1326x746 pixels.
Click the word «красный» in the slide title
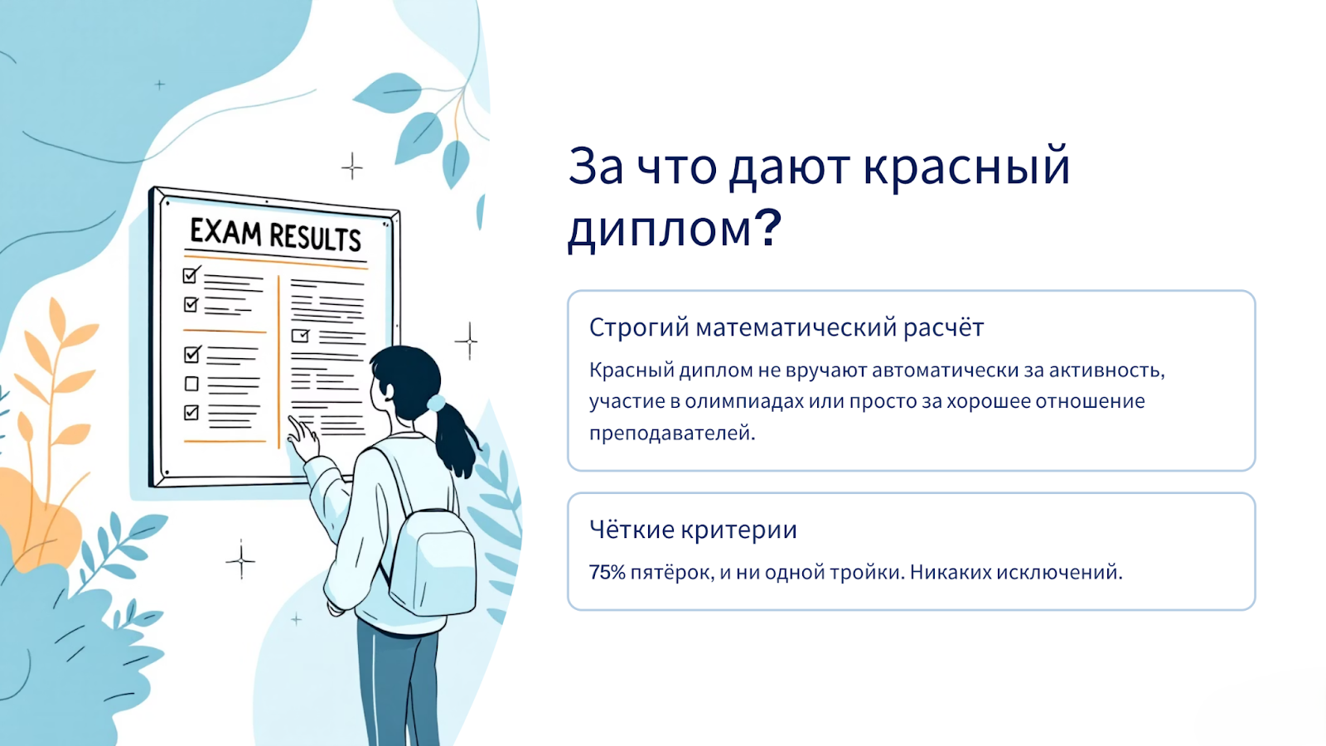click(966, 167)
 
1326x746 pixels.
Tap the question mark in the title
click(768, 227)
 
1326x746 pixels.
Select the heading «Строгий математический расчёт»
click(786, 327)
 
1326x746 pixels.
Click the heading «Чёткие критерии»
click(693, 530)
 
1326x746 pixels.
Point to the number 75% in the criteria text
click(607, 573)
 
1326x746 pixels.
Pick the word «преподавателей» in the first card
click(672, 434)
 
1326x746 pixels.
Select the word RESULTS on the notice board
click(315, 237)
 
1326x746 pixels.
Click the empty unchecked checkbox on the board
click(191, 384)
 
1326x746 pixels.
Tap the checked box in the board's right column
click(300, 336)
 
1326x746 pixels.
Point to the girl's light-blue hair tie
click(436, 403)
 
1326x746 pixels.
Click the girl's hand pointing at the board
click(303, 438)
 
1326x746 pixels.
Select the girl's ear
click(389, 392)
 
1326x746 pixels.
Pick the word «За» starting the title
click(596, 167)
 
